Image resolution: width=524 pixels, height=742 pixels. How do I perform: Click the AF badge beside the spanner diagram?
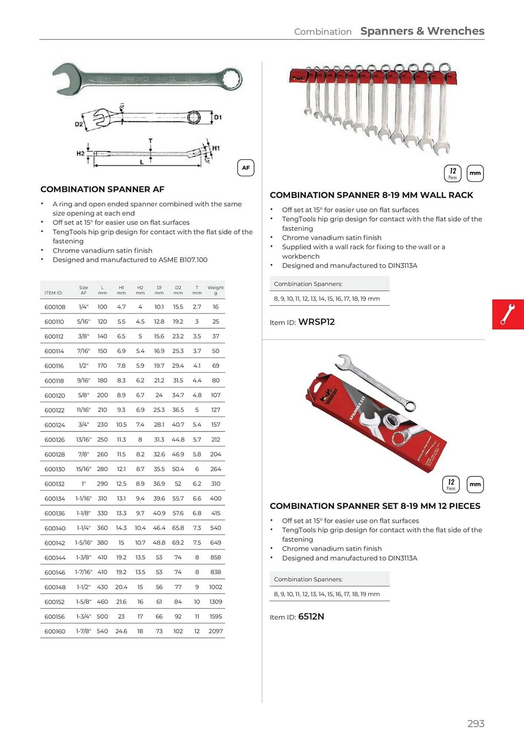coord(245,168)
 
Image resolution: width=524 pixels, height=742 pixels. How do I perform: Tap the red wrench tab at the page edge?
coord(507,314)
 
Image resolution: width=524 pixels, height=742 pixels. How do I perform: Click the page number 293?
coord(475,723)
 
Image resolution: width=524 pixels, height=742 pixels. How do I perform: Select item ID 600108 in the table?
coord(55,307)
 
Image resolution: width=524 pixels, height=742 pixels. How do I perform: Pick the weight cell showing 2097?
coord(215,631)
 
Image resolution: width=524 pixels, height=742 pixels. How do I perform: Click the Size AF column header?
coord(83,290)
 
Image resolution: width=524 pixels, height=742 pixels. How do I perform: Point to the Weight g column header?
coord(215,290)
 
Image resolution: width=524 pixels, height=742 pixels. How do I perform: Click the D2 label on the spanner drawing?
coord(79,124)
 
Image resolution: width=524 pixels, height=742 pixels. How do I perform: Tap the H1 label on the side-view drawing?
coord(216,148)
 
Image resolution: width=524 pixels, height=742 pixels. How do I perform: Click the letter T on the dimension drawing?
coord(150,141)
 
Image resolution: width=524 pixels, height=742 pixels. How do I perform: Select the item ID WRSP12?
coord(316,322)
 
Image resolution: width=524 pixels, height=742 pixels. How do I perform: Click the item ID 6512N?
coord(311,617)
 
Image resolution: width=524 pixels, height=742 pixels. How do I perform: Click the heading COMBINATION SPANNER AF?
coord(102,189)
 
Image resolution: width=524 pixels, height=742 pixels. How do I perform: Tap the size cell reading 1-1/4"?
coord(83,528)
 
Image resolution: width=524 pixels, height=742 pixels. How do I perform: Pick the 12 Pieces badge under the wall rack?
coord(452,173)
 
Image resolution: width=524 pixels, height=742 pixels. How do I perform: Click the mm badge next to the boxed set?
coord(475,485)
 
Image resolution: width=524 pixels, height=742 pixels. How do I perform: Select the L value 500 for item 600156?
coord(102,617)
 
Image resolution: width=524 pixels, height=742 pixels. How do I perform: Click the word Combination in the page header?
coord(322,32)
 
